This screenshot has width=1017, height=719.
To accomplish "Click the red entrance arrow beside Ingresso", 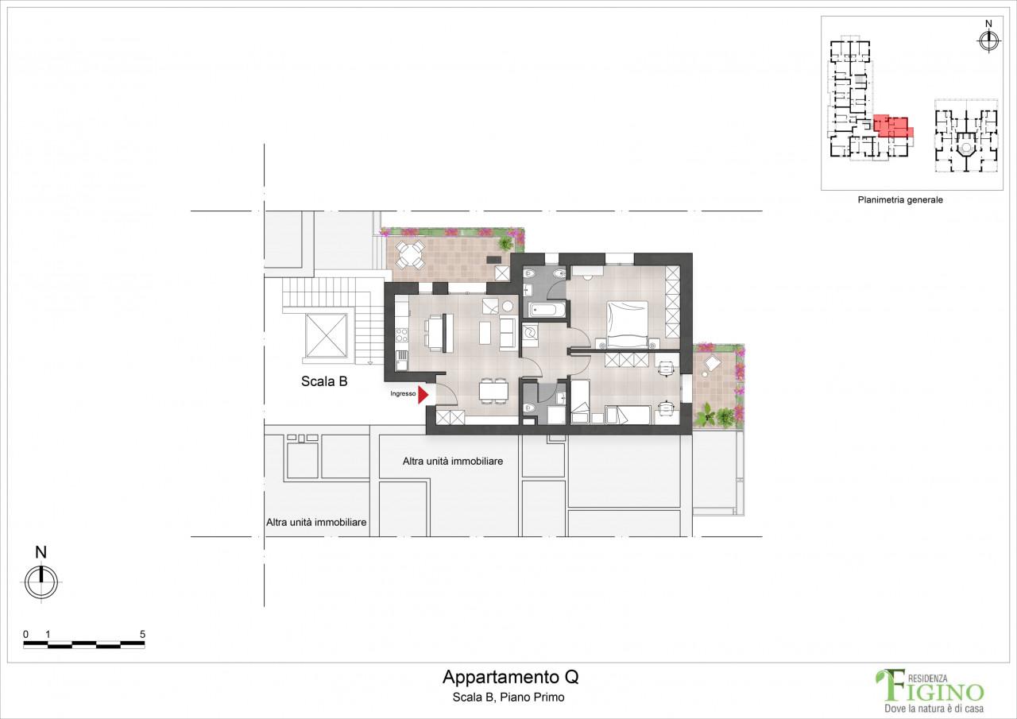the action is pyautogui.click(x=423, y=394).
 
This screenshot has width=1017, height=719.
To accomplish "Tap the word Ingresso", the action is pyautogui.click(x=403, y=393).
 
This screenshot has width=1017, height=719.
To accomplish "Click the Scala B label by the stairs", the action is pyautogui.click(x=324, y=381).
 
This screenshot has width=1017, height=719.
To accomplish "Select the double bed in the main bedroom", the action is pyautogui.click(x=628, y=325).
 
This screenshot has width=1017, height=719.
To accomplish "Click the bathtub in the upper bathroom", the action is pyautogui.click(x=547, y=311).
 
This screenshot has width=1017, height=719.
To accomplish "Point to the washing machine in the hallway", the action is pyautogui.click(x=530, y=334).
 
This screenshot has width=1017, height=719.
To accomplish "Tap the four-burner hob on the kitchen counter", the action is pyautogui.click(x=402, y=335).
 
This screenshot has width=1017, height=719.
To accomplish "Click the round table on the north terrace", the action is pyautogui.click(x=410, y=255).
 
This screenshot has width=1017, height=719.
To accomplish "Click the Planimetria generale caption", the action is pyautogui.click(x=900, y=199).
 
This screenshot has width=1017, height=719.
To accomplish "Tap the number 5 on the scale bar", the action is pyautogui.click(x=142, y=634).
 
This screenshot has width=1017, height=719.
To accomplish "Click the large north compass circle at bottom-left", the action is pyautogui.click(x=41, y=582).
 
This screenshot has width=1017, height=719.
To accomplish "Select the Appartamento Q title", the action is pyautogui.click(x=510, y=677).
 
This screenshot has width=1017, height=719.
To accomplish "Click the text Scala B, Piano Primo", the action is pyautogui.click(x=508, y=698).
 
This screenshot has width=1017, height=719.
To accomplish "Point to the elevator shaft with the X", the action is pyautogui.click(x=326, y=335).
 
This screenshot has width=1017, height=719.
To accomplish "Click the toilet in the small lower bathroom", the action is pyautogui.click(x=529, y=407).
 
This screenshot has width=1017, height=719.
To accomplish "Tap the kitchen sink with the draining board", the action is pyautogui.click(x=401, y=361).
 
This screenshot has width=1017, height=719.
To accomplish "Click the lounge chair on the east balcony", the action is pyautogui.click(x=711, y=364).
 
